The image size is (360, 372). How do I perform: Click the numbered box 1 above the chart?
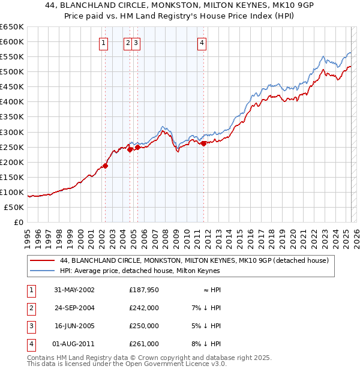(x=104, y=43)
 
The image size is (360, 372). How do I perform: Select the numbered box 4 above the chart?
(x=203, y=43)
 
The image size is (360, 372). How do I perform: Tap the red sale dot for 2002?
(x=105, y=166)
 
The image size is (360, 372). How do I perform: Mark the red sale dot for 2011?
(x=204, y=143)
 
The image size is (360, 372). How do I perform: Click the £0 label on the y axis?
(x=18, y=222)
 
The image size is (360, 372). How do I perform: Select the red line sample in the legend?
(x=43, y=261)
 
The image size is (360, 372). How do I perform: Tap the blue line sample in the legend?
(x=43, y=271)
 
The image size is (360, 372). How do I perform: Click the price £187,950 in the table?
(x=144, y=289)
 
